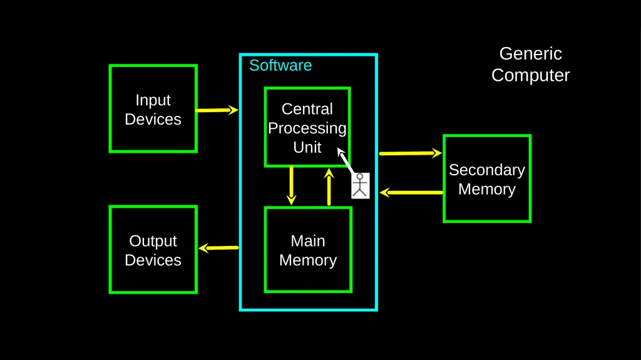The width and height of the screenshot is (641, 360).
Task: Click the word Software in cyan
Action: [280, 66]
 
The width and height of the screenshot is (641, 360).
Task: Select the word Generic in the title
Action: [531, 54]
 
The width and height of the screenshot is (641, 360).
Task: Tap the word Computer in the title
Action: [531, 76]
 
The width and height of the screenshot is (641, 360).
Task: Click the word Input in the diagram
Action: [153, 101]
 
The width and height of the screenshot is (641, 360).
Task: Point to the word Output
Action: [153, 242]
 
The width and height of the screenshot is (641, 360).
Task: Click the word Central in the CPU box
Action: [307, 109]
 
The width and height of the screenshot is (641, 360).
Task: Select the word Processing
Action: [307, 128]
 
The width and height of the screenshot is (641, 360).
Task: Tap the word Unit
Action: [307, 147]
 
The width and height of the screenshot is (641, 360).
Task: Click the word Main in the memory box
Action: [308, 241]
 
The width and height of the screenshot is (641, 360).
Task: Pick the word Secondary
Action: [487, 170]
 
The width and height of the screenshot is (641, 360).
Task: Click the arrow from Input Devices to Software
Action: [217, 110]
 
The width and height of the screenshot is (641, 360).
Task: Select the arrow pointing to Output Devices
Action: [218, 247]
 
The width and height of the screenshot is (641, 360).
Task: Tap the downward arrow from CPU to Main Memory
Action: [291, 185]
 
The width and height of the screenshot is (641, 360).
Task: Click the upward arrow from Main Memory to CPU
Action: [329, 187]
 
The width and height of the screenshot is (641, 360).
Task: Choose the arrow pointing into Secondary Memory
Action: [410, 153]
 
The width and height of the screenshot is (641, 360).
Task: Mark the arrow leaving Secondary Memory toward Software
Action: [411, 192]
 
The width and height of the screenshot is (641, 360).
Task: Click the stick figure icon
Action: [360, 186]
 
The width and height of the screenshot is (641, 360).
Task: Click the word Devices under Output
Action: [153, 260]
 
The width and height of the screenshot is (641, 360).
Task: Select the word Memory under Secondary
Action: [487, 190]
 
